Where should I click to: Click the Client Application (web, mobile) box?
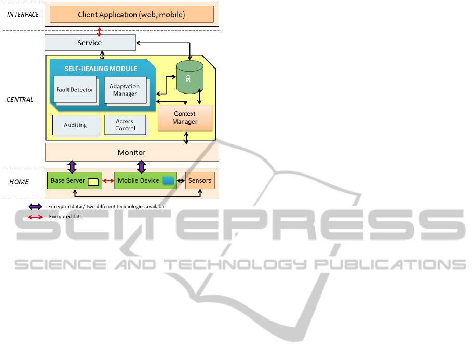(131, 15)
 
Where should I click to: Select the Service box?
(90, 43)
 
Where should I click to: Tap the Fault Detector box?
(75, 90)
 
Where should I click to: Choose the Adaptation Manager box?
(125, 90)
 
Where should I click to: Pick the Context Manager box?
(185, 118)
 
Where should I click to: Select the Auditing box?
(75, 125)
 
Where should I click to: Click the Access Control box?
(125, 125)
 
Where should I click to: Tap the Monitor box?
(132, 152)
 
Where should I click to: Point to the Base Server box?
(74, 181)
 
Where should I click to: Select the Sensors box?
(200, 181)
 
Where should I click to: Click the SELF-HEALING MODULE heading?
(101, 69)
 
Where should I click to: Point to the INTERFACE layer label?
(23, 15)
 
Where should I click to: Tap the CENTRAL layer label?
(20, 99)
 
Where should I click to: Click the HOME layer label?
(19, 182)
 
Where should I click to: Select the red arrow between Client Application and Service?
(99, 31)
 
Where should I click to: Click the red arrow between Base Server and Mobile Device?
(108, 181)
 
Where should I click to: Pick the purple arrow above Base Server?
(72, 167)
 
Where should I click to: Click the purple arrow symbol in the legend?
(35, 207)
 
